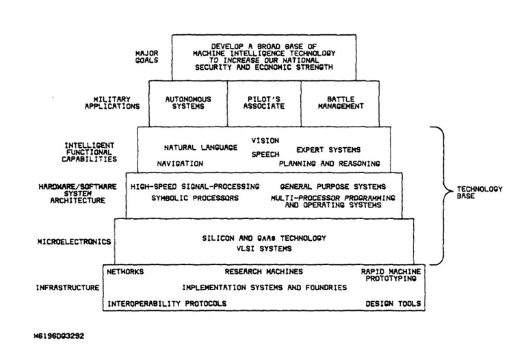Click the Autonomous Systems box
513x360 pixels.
188,103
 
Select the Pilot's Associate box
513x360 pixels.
264,103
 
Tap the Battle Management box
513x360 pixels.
340,103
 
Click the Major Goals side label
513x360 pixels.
146,57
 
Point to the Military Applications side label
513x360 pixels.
112,103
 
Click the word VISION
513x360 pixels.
265,141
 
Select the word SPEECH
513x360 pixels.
265,154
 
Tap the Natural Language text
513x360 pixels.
201,148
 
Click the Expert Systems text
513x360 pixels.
328,150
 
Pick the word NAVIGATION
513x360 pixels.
181,164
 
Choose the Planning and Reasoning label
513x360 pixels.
330,164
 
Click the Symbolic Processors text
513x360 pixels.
195,198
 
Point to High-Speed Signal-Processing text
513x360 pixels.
195,187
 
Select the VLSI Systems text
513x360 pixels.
264,248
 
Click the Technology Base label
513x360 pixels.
479,192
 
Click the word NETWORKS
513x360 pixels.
125,272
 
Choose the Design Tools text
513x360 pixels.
393,304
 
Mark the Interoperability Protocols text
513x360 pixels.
167,304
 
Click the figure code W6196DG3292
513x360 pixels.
60,336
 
